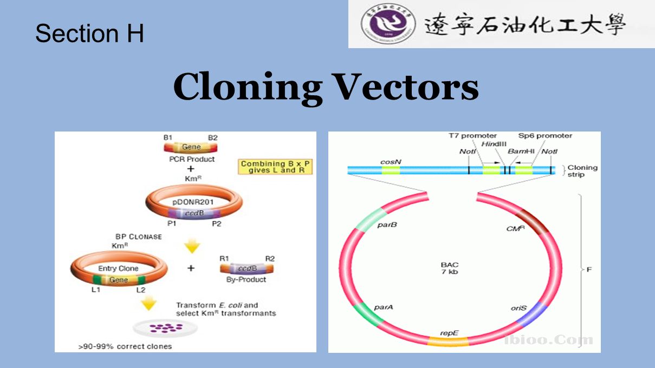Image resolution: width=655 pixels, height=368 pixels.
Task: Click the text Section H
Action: pyautogui.click(x=89, y=34)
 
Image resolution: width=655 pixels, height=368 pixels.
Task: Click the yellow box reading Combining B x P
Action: pyautogui.click(x=277, y=167)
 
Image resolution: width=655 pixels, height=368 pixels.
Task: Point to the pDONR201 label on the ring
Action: pyautogui.click(x=193, y=202)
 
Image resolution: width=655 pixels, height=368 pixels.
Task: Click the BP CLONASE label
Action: pyautogui.click(x=138, y=237)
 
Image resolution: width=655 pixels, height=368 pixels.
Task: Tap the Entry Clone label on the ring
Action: pyautogui.click(x=118, y=268)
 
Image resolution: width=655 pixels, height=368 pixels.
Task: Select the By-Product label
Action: pyautogui.click(x=246, y=280)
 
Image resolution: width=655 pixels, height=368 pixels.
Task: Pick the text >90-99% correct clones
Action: pyautogui.click(x=125, y=346)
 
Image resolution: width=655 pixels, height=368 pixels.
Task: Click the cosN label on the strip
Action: pyautogui.click(x=390, y=161)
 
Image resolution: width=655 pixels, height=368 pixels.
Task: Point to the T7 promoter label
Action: pyautogui.click(x=472, y=136)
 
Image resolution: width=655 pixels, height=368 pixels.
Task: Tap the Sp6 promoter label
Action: pyautogui.click(x=545, y=136)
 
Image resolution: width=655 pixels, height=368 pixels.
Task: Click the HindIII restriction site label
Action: pyautogui.click(x=493, y=144)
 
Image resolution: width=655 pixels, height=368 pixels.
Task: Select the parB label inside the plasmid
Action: pyautogui.click(x=387, y=225)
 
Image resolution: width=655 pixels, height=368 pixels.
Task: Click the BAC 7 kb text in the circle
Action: pyautogui.click(x=450, y=268)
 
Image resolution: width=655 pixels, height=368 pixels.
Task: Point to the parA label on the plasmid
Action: pyautogui.click(x=384, y=307)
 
